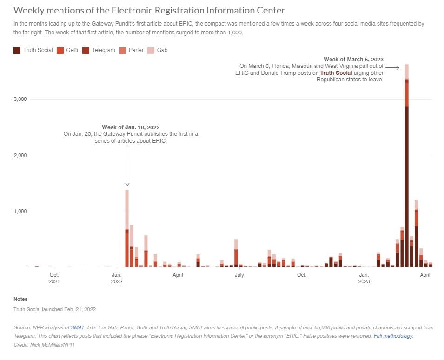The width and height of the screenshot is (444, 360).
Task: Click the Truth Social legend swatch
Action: tap(17, 50)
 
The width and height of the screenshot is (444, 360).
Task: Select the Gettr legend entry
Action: tap(68, 50)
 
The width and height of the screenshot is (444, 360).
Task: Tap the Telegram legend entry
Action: tap(99, 50)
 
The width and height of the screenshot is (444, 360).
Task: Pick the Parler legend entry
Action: tap(133, 50)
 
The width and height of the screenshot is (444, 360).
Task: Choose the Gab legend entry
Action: tap(158, 50)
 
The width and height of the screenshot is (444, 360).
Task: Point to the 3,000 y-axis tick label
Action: tap(20, 100)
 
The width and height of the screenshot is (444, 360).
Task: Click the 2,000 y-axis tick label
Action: tap(20, 155)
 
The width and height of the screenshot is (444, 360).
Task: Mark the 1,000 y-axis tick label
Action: tap(20, 211)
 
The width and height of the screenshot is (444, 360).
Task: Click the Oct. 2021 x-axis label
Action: tap(54, 278)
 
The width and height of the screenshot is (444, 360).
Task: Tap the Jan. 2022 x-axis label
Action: tap(117, 278)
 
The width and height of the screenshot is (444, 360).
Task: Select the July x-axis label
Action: tap(239, 275)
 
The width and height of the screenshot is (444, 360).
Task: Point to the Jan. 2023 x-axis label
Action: tap(364, 278)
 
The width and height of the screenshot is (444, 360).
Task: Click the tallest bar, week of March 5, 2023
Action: tap(407, 186)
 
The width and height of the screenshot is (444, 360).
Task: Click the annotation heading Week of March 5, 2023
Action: tap(353, 59)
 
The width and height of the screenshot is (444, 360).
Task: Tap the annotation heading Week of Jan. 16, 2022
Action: tap(131, 127)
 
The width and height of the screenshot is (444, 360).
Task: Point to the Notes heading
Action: tap(20, 299)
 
